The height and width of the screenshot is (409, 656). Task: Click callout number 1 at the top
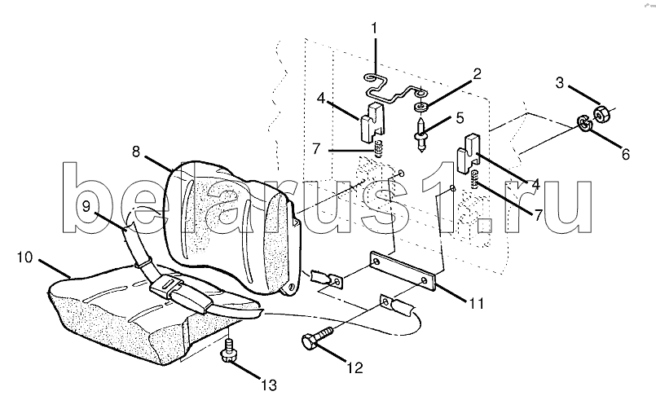[374, 29]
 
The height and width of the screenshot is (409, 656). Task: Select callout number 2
[477, 74]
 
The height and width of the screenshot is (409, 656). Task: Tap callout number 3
[560, 83]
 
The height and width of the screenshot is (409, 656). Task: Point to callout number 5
[460, 118]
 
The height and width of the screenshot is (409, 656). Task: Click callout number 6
[626, 154]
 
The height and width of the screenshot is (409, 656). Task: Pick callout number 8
[136, 152]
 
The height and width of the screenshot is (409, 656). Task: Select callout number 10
[24, 257]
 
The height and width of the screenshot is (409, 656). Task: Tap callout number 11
[477, 303]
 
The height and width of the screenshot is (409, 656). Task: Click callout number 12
[354, 368]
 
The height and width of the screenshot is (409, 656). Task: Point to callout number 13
[269, 385]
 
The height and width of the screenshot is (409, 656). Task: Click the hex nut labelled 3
[601, 114]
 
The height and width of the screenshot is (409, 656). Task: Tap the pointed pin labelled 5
[420, 134]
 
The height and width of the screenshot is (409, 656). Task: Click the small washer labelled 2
[420, 108]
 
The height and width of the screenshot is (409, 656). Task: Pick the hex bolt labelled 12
[317, 337]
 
